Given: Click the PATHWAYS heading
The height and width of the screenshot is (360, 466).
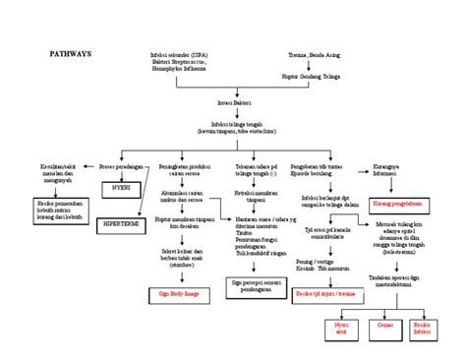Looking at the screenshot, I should coord(70,55).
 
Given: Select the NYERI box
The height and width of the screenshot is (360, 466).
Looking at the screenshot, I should coord(122,184).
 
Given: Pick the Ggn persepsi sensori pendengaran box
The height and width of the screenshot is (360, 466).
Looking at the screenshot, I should coord(257,285).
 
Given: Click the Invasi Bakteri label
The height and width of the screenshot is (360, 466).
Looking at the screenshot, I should coord(233,102).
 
